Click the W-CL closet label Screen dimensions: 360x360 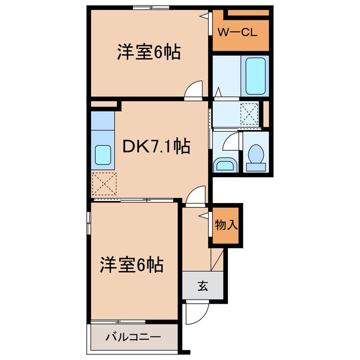click(237, 32)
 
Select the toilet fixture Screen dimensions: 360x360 click(256, 156)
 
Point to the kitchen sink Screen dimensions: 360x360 click(102, 153)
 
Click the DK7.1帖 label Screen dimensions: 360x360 click(156, 147)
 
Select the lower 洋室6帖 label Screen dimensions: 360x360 click(132, 264)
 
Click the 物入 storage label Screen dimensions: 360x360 click(226, 225)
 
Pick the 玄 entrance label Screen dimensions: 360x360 click(202, 286)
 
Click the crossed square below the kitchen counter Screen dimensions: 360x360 click(105, 183)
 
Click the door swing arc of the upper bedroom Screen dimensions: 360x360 click(194, 90)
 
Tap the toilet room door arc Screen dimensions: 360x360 click(231, 142)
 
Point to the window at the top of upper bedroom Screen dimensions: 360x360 click(151, 7)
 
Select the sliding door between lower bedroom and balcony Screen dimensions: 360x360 click(119, 322)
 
